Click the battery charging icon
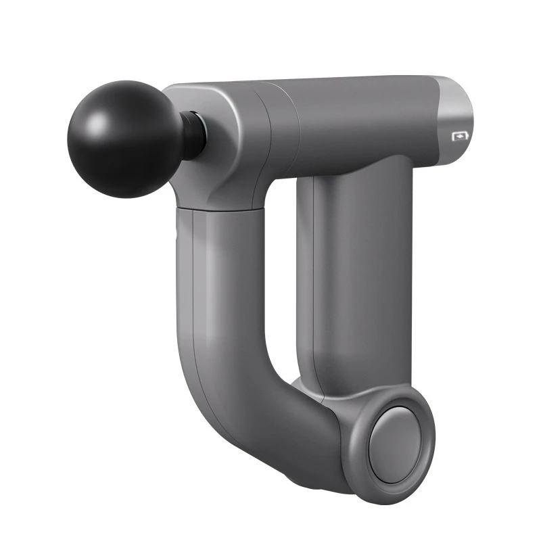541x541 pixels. point(460,136)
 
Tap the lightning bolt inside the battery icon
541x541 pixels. point(461,136)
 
